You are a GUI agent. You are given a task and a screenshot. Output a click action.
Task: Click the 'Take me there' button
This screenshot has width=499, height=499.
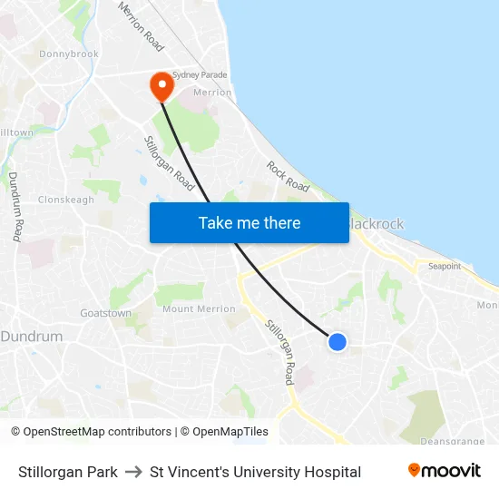[x=249, y=223]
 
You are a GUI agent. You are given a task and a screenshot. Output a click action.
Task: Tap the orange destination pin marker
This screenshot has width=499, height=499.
[x=161, y=85]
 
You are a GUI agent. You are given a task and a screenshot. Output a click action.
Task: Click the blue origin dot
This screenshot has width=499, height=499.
[x=337, y=342]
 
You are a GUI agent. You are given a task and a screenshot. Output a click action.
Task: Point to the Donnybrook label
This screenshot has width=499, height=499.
[x=70, y=54]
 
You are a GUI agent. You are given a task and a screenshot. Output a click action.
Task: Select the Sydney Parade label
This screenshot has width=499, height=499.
[x=200, y=75]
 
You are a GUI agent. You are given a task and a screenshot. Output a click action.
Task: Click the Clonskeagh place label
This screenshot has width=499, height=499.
[x=66, y=200]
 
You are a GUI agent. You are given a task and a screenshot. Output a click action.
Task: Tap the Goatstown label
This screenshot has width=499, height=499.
[x=105, y=313]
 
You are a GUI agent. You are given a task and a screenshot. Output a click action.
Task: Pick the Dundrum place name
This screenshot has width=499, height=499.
[x=33, y=337]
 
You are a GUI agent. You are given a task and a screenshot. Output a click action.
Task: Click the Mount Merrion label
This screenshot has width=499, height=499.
[x=199, y=309]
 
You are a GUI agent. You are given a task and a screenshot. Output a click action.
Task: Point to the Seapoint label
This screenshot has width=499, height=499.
[x=445, y=267]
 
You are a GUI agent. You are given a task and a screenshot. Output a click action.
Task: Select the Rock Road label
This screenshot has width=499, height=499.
[x=288, y=176]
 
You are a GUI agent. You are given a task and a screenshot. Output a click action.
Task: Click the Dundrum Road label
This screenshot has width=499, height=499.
[x=15, y=206]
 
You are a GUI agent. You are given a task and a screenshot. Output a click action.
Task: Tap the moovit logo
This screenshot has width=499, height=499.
[x=445, y=471]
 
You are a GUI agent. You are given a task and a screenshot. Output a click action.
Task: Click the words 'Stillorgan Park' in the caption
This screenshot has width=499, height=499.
[x=68, y=472]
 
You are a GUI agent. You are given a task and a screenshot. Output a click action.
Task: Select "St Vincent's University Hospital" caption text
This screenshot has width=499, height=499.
[x=255, y=472]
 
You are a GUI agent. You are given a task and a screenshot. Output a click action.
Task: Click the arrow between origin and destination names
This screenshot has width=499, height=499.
[x=133, y=472]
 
